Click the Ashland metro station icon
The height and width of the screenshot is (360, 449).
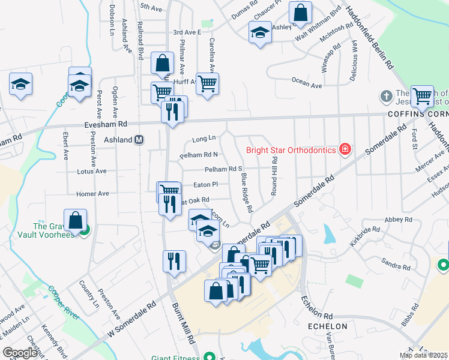[x=139, y=140]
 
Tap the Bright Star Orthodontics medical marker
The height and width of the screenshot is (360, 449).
[x=345, y=149]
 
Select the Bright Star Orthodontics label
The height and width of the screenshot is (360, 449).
[x=291, y=149]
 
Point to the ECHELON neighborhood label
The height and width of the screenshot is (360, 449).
[x=327, y=326]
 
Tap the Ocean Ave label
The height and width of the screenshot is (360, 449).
[x=306, y=85]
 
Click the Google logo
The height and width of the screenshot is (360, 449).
[x=20, y=353]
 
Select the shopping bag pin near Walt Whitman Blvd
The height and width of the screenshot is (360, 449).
[x=300, y=13]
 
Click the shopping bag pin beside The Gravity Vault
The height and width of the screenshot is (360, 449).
[x=75, y=220]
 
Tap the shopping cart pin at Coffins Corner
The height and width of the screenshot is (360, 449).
[x=422, y=95]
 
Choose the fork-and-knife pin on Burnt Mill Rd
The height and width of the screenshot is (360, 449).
[x=174, y=262]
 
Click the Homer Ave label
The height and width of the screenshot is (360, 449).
[x=92, y=194]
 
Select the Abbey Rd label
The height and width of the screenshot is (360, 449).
[x=396, y=220]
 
